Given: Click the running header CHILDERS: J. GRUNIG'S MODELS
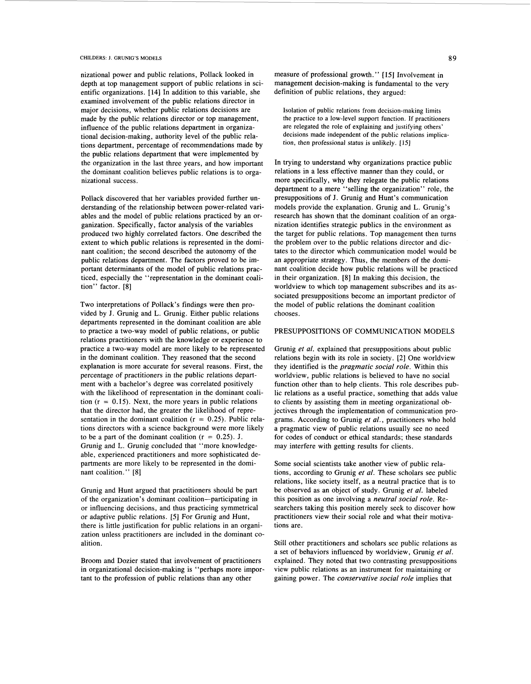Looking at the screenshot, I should coord(121,58).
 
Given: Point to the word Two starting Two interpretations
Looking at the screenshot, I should coord(87,305).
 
